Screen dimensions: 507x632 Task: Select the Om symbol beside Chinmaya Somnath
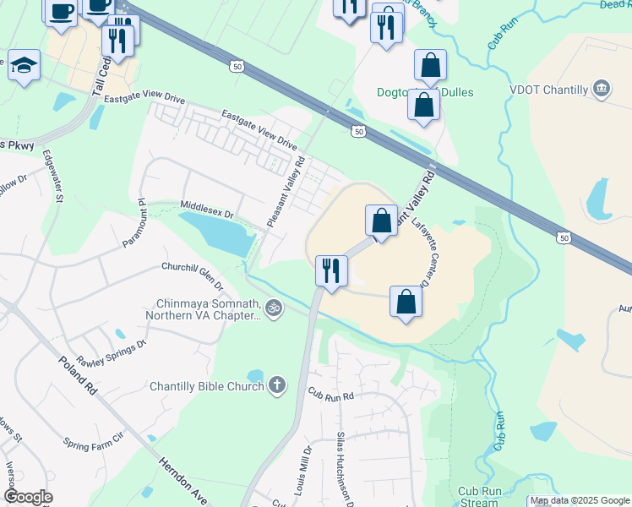272,308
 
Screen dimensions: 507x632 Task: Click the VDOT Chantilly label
549,88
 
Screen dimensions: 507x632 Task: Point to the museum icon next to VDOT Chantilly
602,88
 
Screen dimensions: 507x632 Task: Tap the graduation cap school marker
24,65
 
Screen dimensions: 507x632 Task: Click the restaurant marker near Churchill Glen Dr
331,270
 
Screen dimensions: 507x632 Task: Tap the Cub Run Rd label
329,394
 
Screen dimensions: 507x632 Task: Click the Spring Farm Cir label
93,440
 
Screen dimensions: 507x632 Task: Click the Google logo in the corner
28,497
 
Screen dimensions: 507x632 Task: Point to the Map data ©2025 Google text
579,501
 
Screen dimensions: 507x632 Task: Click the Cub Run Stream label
479,496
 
